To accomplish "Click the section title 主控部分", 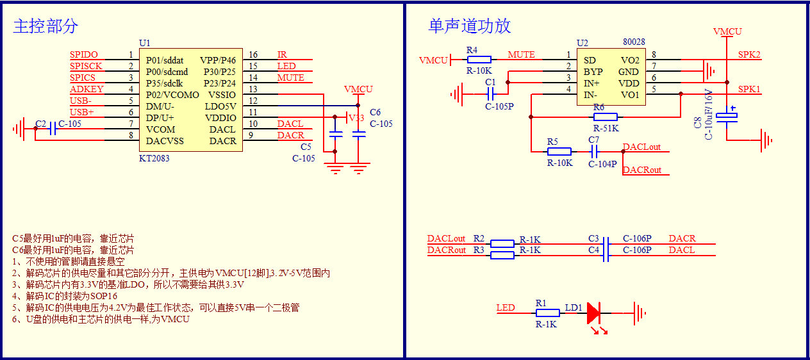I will (45, 26).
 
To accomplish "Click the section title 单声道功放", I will (470, 26).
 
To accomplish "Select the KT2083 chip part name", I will (154, 158).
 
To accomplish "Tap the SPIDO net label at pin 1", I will (84, 55).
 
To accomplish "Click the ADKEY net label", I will (87, 90).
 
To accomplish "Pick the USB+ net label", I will (82, 113).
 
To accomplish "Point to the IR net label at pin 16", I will (282, 55).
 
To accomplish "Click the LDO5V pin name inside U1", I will (220, 106).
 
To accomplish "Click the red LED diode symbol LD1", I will (593, 313).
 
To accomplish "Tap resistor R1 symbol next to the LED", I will (547, 313).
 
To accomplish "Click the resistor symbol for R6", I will (605, 117).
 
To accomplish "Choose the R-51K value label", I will (606, 128).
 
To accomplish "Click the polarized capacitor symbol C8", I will (727, 117).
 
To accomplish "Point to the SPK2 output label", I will (749, 55).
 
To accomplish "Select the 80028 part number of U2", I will (634, 42).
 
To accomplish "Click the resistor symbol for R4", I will (479, 60).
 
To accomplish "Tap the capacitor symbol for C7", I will (594, 152).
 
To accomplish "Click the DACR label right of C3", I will (682, 239).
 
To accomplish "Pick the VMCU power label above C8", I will (727, 31).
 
